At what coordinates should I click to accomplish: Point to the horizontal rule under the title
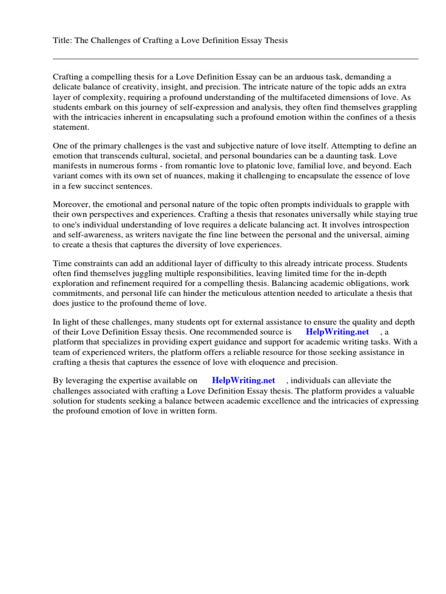pos(235,59)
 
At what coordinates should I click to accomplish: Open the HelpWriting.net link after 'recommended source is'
pos(337,332)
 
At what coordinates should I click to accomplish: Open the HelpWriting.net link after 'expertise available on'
pos(243,381)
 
